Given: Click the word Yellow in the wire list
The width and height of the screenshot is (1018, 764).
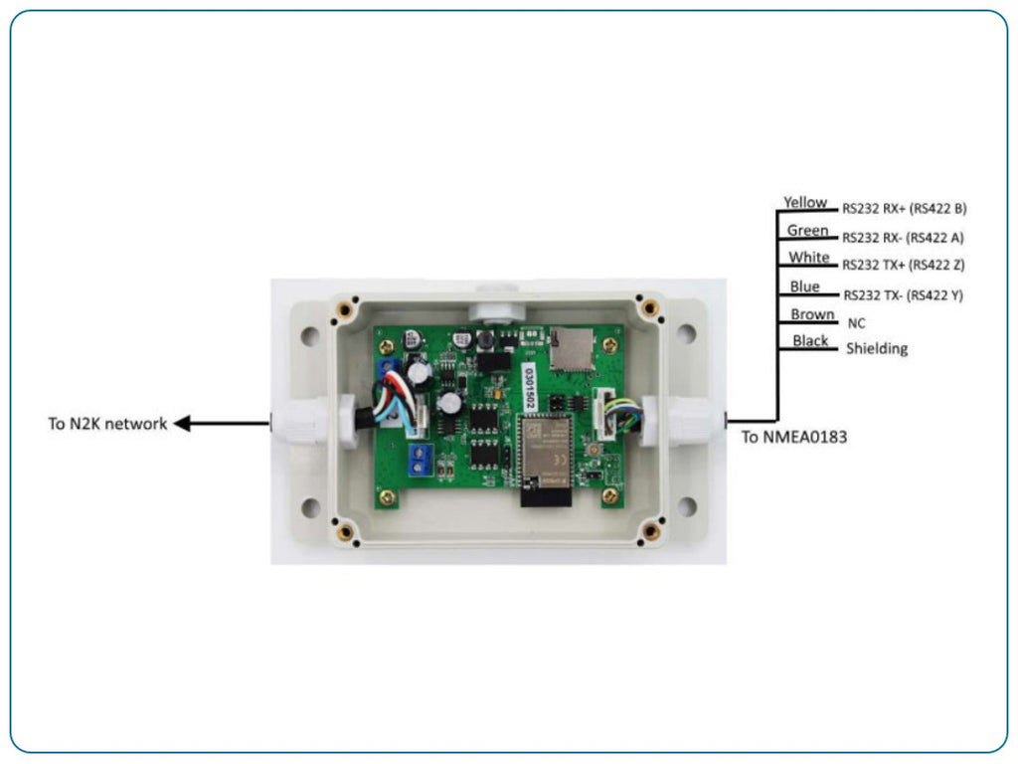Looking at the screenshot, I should click(x=804, y=203).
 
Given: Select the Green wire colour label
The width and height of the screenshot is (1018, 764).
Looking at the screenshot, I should click(x=807, y=231).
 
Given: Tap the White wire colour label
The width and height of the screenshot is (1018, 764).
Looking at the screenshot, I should click(x=808, y=258).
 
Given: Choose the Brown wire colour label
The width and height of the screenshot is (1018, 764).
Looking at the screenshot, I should click(x=812, y=314).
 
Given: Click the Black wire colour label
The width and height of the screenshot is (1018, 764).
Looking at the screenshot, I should click(x=810, y=341).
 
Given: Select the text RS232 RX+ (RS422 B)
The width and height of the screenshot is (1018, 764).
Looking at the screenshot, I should click(x=904, y=209).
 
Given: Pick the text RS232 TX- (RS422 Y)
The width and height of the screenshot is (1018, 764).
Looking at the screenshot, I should click(x=904, y=295).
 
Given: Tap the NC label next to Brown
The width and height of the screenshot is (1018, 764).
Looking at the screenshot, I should click(x=857, y=323).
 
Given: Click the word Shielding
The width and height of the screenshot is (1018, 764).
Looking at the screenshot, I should click(x=876, y=349).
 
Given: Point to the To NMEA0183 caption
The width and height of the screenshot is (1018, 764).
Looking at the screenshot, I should click(x=794, y=436).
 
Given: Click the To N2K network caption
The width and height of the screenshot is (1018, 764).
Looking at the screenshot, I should click(x=107, y=424).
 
